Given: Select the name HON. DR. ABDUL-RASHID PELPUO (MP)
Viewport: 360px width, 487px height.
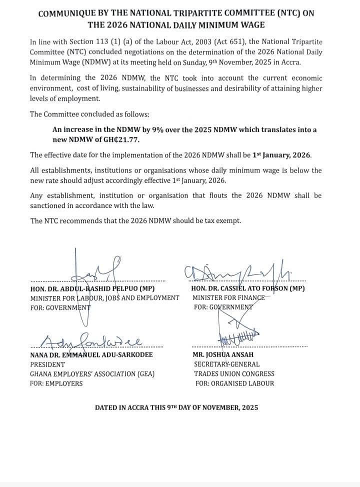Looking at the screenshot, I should click(92, 288).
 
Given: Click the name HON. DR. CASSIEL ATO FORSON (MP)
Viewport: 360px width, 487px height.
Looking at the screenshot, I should click(248, 288).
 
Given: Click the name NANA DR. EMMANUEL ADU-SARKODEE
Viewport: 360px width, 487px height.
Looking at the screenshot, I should click(91, 355).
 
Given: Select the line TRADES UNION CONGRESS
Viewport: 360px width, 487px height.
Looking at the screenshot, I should click(234, 374).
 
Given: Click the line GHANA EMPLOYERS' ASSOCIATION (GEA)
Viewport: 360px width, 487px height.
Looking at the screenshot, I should click(92, 374).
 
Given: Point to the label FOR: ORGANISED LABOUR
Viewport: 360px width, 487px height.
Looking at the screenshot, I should click(234, 383).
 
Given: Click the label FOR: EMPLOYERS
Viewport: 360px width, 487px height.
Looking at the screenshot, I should click(56, 383).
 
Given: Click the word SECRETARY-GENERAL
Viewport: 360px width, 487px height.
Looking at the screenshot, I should click(226, 364).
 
